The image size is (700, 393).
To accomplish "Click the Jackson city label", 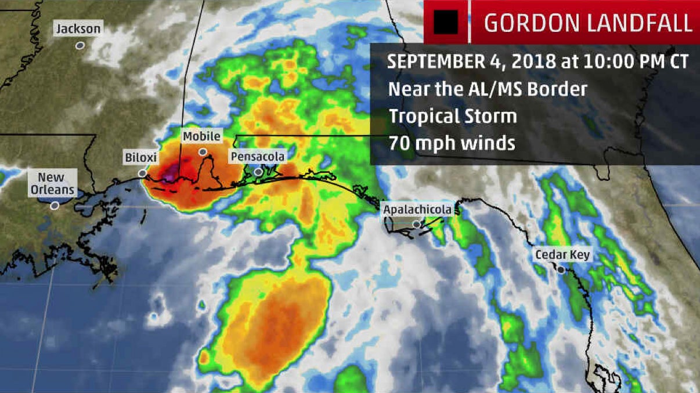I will (78, 28).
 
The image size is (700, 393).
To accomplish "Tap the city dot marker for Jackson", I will (80, 45).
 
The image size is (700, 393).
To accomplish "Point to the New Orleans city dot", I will (55, 205).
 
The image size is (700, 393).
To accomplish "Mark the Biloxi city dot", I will (142, 173).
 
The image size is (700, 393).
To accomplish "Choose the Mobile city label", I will (201, 136).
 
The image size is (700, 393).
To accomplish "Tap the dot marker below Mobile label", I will (203, 152).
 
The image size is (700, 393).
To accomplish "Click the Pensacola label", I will (257, 157).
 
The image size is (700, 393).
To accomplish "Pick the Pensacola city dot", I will (258, 172).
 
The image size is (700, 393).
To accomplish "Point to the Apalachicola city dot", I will (416, 224).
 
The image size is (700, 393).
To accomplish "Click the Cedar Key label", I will (562, 254).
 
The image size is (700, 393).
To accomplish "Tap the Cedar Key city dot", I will (561, 270).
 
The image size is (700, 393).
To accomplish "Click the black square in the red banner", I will (446, 22).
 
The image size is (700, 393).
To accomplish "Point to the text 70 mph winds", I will (452, 142).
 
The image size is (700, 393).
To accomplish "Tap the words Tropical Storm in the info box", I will (453, 115).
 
